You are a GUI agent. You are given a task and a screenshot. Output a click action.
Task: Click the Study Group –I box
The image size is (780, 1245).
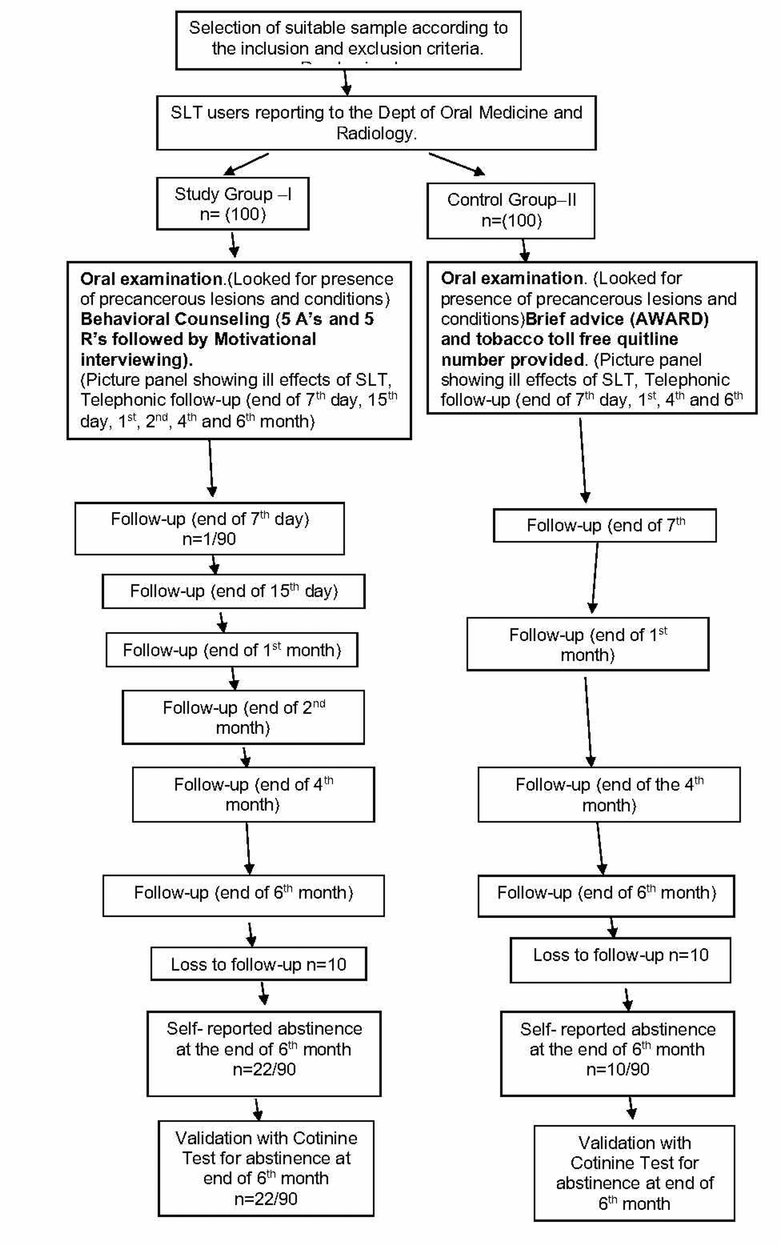point(233,204)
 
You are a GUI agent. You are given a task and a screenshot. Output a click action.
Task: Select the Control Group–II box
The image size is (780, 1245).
point(511,211)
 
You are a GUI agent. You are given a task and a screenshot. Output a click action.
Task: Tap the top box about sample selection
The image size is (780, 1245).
point(348,40)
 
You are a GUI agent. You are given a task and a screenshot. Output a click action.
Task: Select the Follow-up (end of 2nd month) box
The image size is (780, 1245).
point(243,717)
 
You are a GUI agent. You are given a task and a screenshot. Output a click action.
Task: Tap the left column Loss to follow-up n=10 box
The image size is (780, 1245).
point(258,964)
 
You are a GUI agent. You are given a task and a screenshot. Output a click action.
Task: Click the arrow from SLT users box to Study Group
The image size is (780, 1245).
point(245,164)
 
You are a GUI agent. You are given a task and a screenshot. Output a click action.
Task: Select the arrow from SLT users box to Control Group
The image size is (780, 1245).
point(457,164)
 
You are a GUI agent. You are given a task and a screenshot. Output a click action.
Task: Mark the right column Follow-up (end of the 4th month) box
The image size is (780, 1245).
point(609,795)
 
